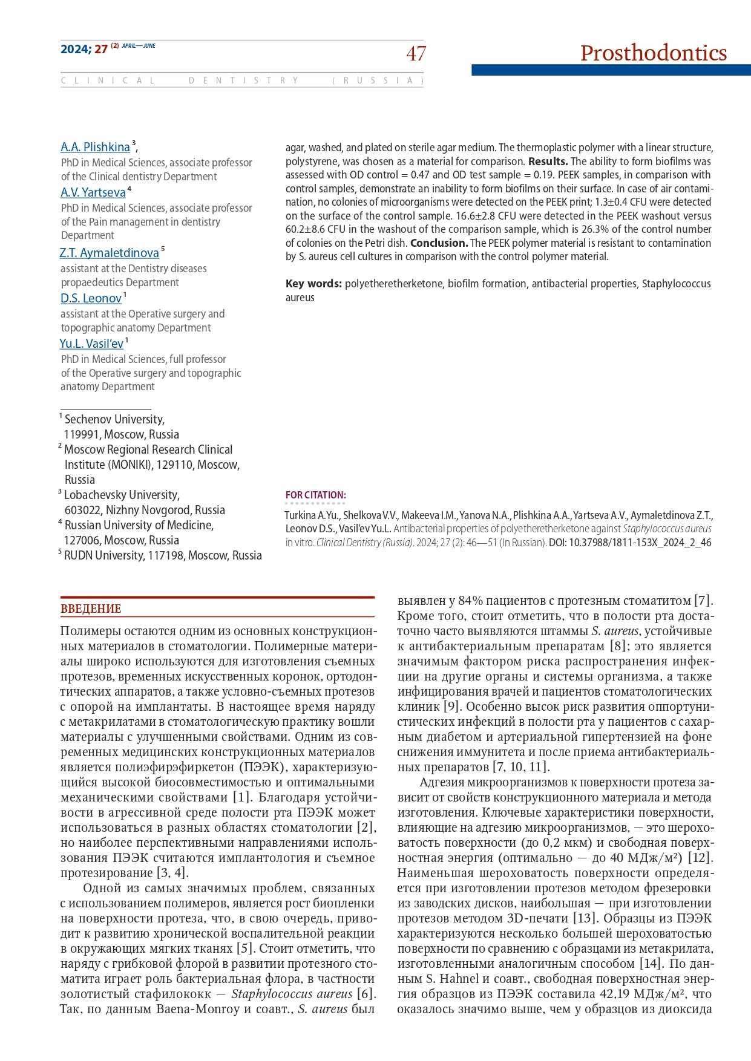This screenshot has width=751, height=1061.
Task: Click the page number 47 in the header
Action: [x=416, y=54]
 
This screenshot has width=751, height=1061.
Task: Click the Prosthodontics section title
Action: [x=653, y=53]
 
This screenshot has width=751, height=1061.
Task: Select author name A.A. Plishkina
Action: [x=95, y=147]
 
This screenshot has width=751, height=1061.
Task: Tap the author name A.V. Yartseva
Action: [x=93, y=192]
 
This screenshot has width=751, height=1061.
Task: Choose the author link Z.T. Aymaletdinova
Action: [x=109, y=253]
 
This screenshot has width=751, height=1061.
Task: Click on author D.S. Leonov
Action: [x=91, y=298]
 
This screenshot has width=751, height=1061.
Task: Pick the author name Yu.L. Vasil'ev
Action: [x=91, y=344]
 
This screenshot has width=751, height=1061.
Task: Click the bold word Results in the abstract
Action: [x=548, y=162]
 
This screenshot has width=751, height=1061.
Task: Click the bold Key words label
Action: [x=313, y=284]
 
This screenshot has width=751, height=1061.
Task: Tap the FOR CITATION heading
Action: [x=315, y=495]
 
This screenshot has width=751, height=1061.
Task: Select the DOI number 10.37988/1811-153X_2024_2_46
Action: [x=640, y=543]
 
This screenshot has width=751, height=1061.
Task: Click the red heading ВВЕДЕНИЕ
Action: [x=91, y=609]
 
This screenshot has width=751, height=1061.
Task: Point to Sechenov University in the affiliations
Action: [x=114, y=419]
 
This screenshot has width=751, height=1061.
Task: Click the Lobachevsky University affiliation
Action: [x=122, y=495]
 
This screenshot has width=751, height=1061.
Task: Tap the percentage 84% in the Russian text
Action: [x=471, y=601]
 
